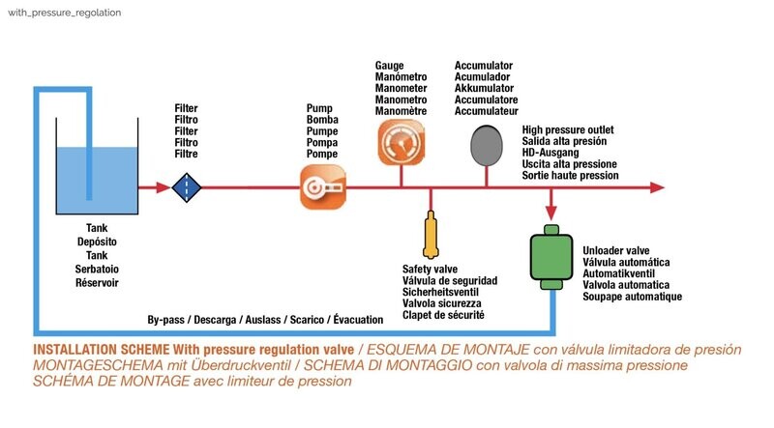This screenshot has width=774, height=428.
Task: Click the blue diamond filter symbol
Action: click(187, 187)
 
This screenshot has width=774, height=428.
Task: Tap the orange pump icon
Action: click(323, 187)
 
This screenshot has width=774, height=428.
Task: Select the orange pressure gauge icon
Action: click(402, 142)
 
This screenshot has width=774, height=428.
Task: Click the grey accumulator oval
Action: click(487, 146)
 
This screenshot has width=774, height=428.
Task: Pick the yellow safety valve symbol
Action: click(431, 235)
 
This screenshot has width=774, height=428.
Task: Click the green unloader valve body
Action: click(551, 257)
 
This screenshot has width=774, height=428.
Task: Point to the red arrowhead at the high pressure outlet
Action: click(657, 187)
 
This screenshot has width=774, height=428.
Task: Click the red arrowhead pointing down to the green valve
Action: click(551, 213)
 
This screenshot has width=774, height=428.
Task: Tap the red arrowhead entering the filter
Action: click(164, 187)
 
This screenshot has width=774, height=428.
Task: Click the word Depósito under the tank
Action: click(97, 242)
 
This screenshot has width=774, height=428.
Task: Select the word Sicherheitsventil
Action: click(440, 292)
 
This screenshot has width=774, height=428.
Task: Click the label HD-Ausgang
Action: click(551, 153)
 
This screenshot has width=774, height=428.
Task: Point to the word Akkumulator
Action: click(485, 88)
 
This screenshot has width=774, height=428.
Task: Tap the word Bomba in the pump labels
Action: click(322, 120)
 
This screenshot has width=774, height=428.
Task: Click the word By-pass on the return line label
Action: click(165, 320)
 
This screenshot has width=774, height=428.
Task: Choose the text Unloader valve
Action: click(616, 250)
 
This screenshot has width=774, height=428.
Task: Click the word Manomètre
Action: click(401, 111)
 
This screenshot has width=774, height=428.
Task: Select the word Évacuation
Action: click(358, 319)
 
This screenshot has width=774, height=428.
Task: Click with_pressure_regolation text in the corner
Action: click(64, 13)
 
